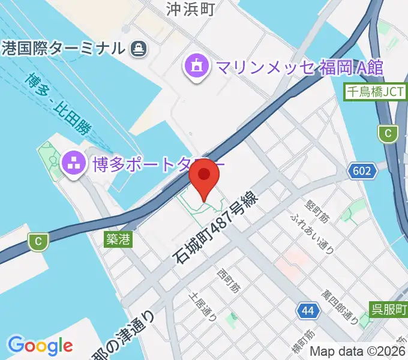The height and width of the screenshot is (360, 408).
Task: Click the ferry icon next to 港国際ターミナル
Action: (139, 47)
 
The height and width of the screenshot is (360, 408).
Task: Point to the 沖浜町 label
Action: (191, 8)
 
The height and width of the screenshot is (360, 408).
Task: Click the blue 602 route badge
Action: (362, 171)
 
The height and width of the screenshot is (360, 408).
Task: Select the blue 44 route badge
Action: (308, 311)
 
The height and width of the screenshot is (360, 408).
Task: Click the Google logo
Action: (40, 346)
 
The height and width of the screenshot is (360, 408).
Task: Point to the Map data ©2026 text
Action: (358, 352)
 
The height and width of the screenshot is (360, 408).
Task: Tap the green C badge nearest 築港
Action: (38, 242)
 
